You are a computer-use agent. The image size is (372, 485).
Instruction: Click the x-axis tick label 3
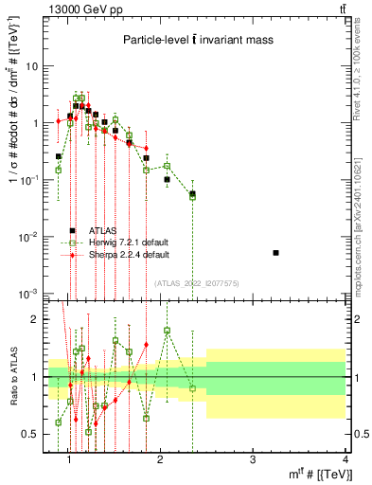click(252, 461)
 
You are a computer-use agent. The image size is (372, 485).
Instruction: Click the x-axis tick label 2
click(160, 461)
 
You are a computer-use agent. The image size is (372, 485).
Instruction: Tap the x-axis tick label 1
click(69, 461)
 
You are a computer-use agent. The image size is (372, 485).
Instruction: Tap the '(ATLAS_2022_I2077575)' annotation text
click(194, 282)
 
